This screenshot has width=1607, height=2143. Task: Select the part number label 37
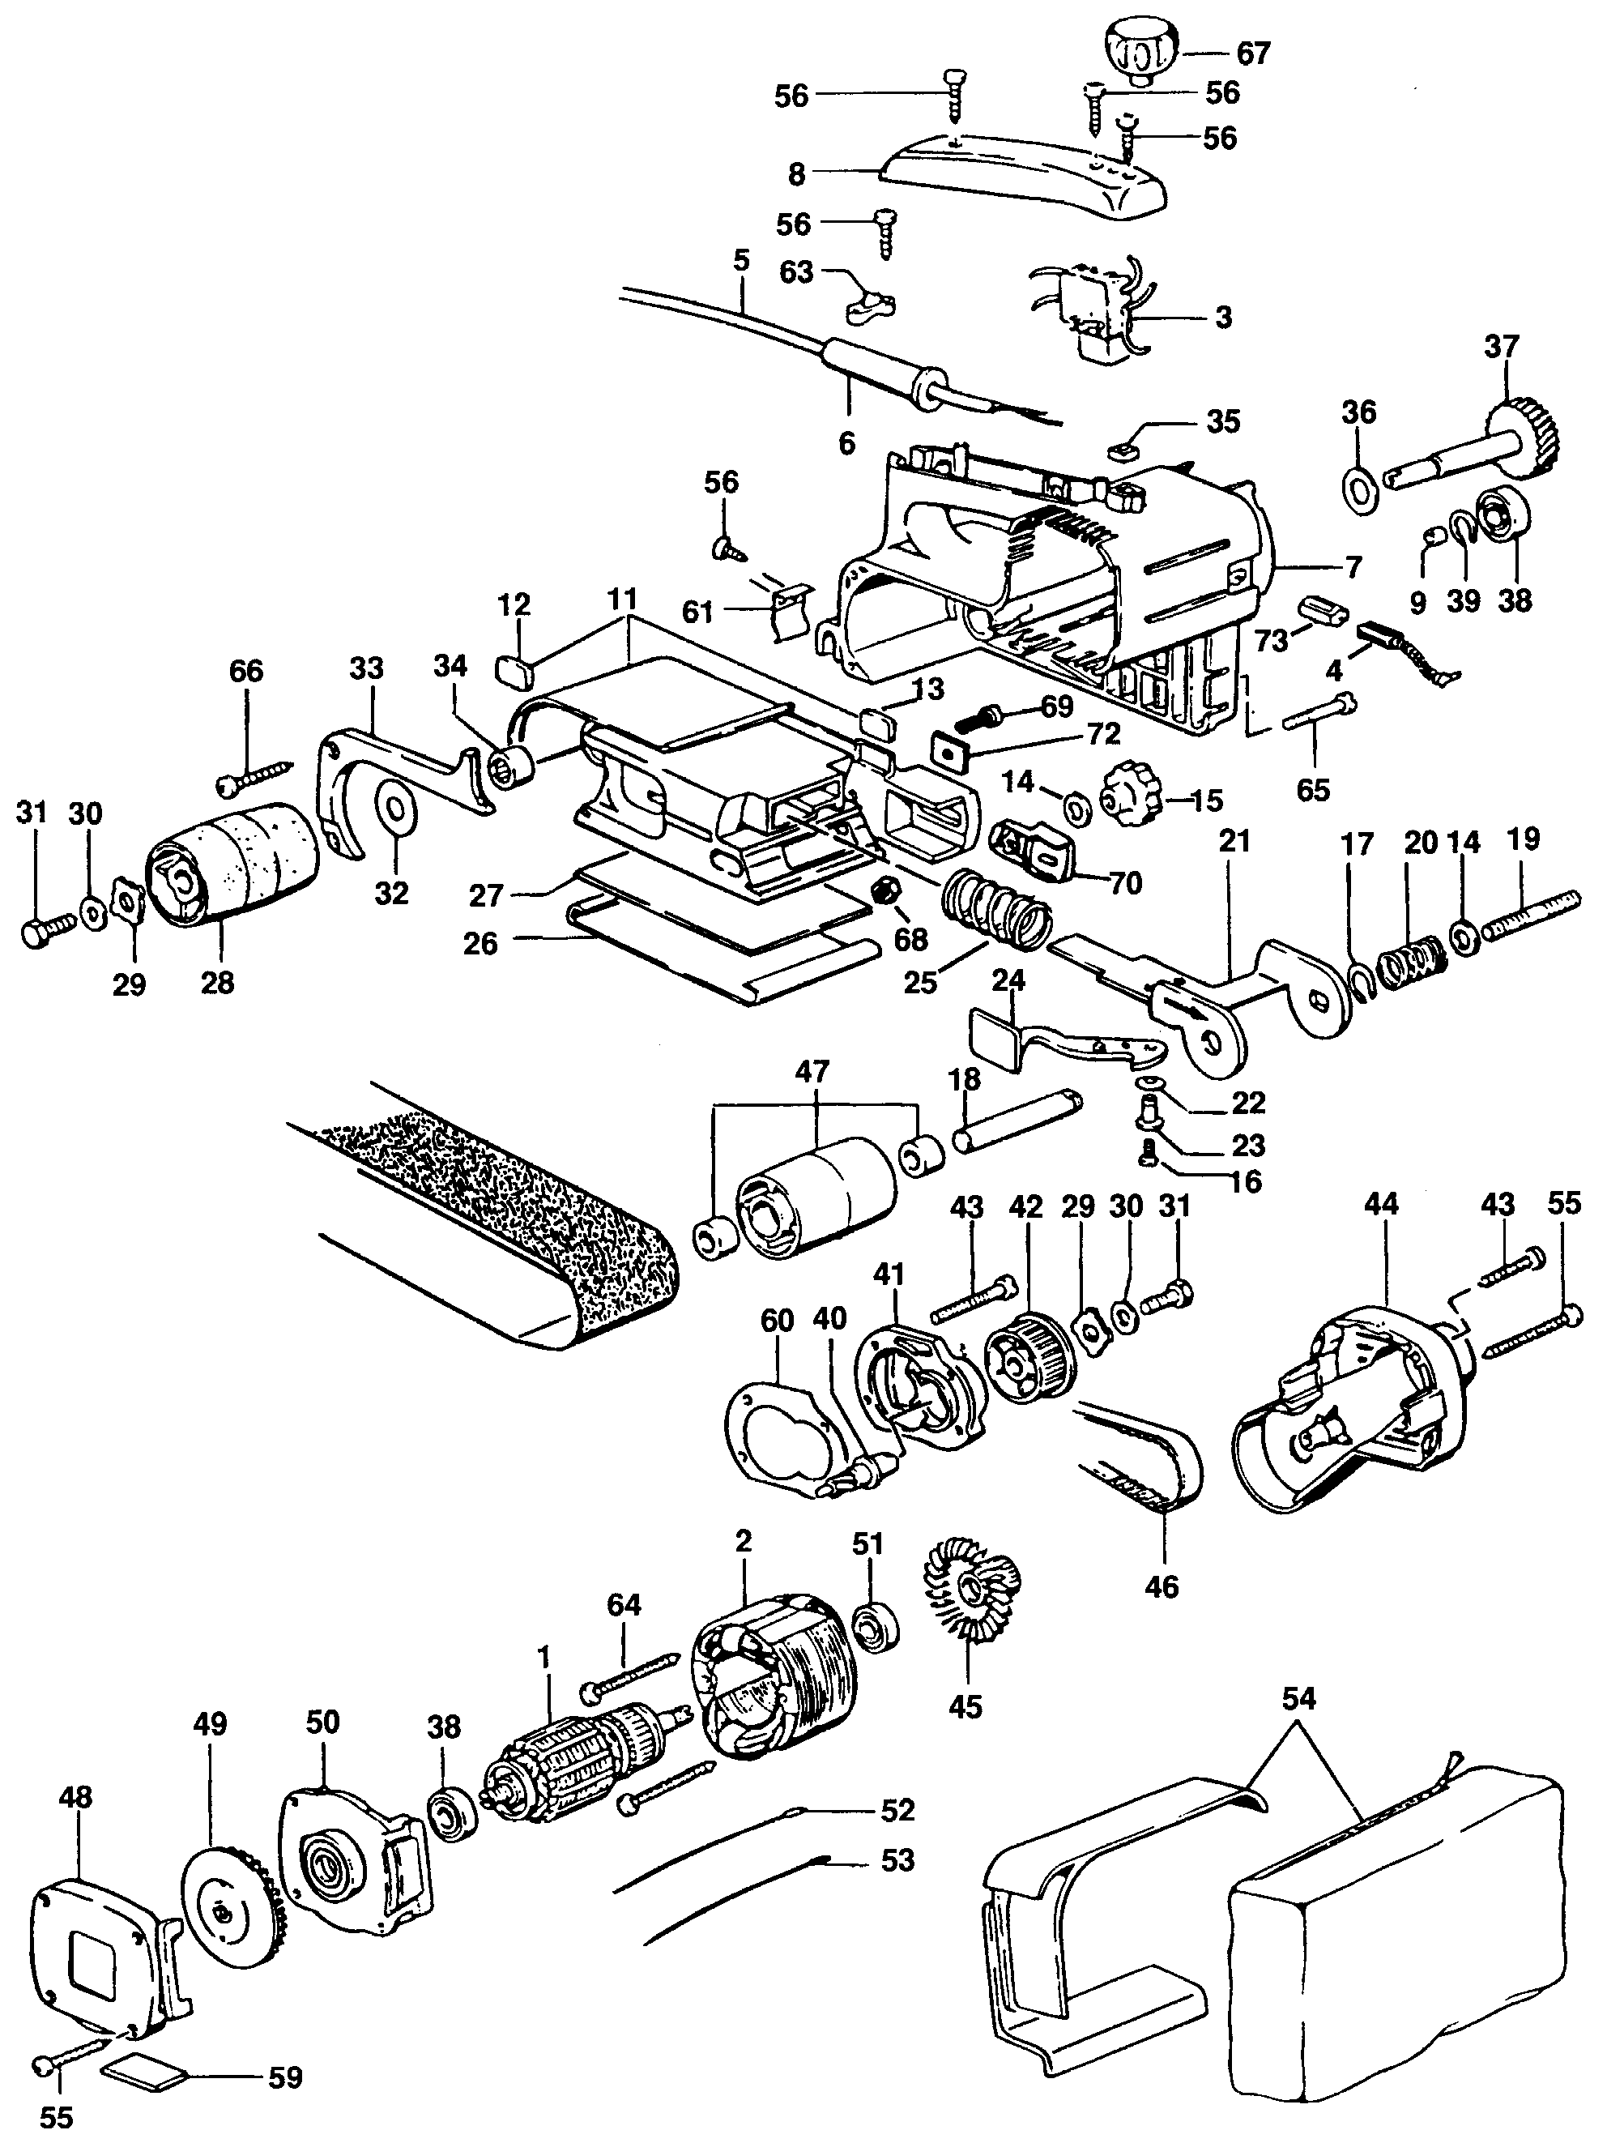pyautogui.click(x=1502, y=346)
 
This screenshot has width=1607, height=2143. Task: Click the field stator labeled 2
pyautogui.click(x=775, y=1667)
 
